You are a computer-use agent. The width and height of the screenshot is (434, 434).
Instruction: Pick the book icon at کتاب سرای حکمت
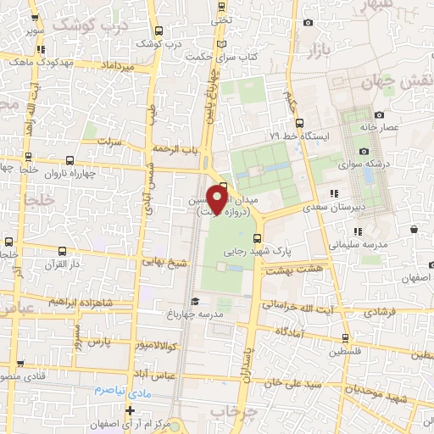coord(222,44)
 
